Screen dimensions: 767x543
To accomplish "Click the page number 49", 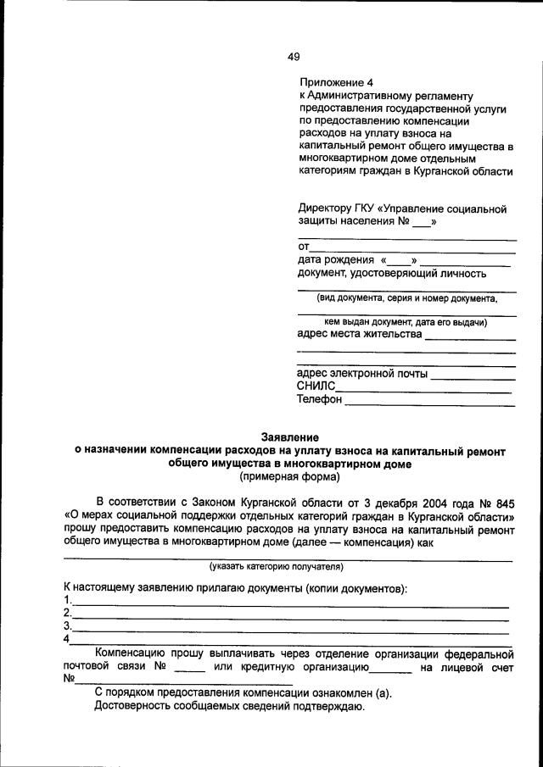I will click(294, 57).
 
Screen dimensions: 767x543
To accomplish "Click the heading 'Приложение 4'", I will click(335, 83).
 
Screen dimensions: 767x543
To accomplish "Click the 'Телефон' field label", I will click(319, 400).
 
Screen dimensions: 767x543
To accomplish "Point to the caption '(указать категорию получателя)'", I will click(277, 566).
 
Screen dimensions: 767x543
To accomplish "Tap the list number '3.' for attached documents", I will click(68, 626).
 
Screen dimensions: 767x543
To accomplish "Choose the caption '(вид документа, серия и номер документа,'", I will click(406, 298).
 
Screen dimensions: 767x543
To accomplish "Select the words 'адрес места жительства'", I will click(359, 334).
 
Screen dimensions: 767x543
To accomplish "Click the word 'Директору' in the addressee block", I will click(326, 208).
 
